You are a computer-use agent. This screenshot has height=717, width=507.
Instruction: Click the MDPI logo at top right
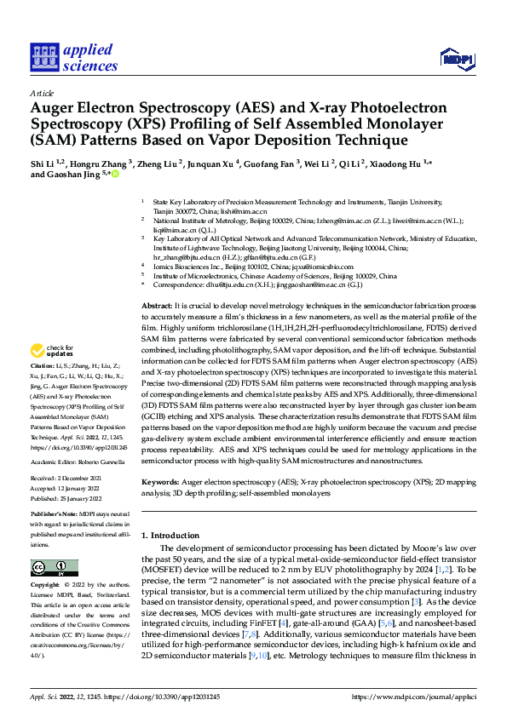[456, 57]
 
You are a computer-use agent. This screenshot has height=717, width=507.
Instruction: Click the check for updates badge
[54, 374]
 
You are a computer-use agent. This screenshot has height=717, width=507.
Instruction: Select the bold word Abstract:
[158, 305]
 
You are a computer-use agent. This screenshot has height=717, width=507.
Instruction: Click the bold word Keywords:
[160, 483]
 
